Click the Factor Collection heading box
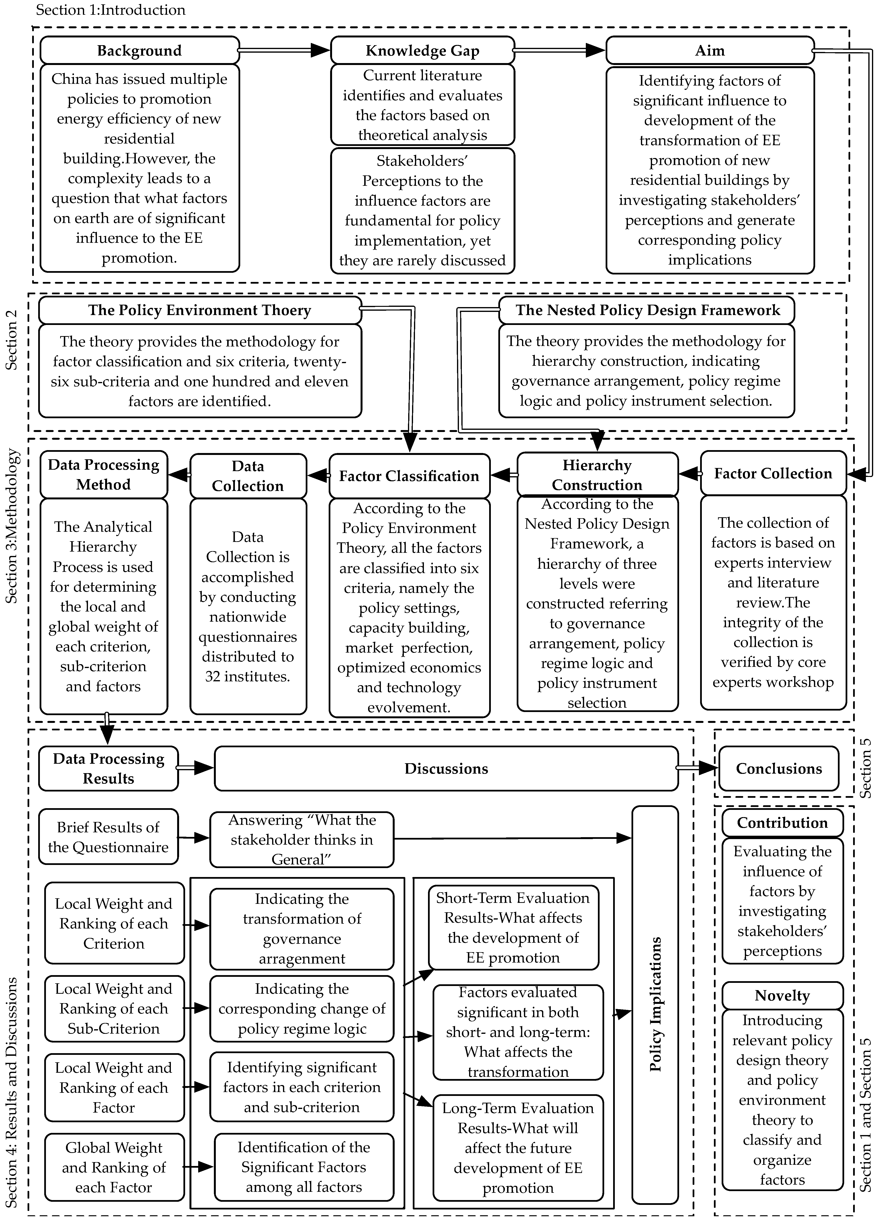(x=773, y=474)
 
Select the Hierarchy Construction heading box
(x=597, y=475)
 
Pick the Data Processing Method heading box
(x=103, y=475)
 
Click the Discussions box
(x=446, y=768)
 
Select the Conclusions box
(x=779, y=768)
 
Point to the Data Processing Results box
(x=109, y=768)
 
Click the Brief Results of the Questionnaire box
(x=109, y=837)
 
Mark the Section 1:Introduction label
(x=110, y=10)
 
